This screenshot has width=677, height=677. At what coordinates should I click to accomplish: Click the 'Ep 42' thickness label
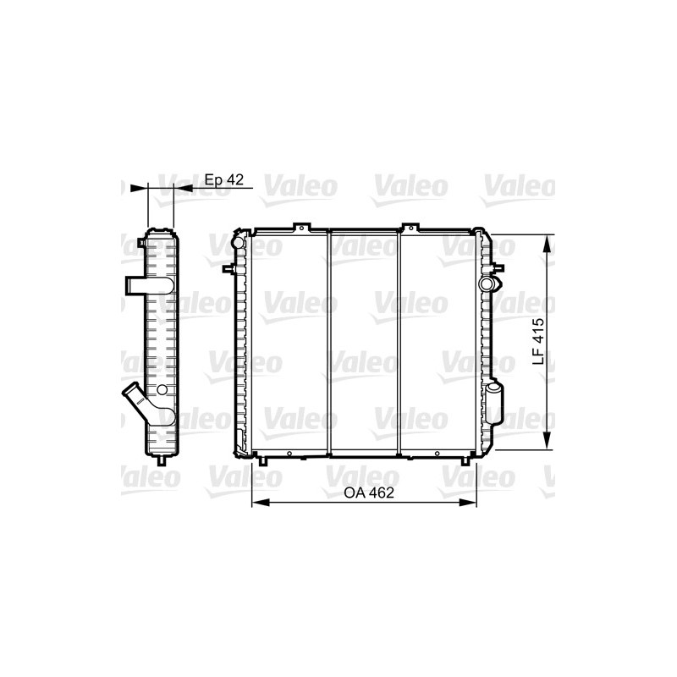[x=224, y=180]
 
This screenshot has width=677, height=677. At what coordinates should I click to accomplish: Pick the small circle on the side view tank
[x=160, y=389]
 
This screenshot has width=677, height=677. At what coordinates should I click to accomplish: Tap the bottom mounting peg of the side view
[x=161, y=461]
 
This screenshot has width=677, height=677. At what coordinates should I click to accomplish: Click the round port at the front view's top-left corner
[x=238, y=244]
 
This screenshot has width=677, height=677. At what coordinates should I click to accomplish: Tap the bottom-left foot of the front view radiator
[x=262, y=460]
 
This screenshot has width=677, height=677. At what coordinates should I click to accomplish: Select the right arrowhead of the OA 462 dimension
[x=471, y=502]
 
